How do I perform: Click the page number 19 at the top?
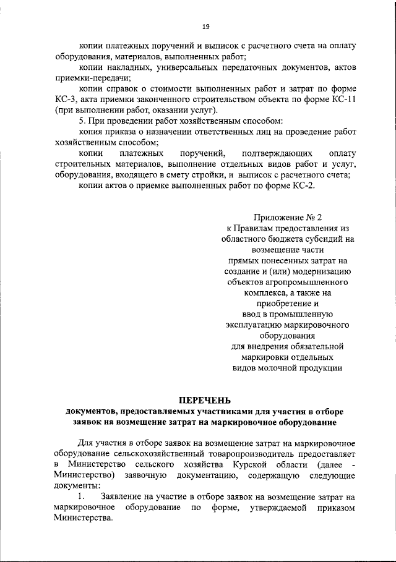(206, 26)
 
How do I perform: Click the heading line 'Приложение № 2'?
(288, 218)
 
